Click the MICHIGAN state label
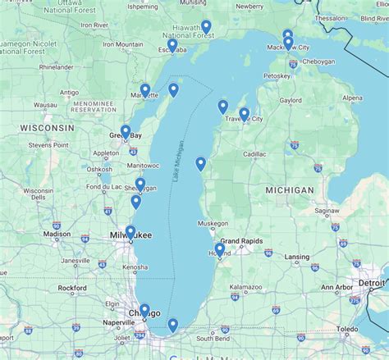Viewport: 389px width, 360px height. (290, 189)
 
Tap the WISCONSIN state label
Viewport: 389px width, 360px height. (47, 129)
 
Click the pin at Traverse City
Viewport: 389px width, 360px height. (244, 113)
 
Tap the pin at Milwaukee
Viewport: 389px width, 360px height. (130, 232)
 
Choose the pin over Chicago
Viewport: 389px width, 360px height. (145, 310)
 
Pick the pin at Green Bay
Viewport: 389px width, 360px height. (126, 131)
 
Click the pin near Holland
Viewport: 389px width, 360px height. (219, 249)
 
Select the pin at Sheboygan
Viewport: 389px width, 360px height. (140, 185)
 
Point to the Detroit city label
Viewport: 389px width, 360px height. (371, 283)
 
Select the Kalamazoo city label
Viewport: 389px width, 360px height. (245, 287)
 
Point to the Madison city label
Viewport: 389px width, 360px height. (57, 234)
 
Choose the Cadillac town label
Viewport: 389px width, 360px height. (254, 153)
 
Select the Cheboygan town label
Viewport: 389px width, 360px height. (319, 62)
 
